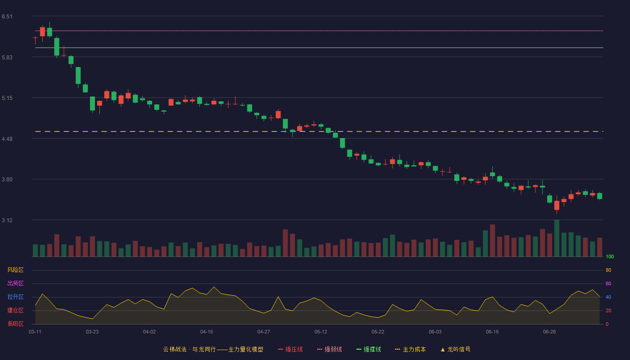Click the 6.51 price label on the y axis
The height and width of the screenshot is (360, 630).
coord(7,17)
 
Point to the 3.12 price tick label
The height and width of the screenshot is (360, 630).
coord(7,220)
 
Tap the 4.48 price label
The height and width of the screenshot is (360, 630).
coord(7,139)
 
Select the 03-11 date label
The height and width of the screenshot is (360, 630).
coord(35,332)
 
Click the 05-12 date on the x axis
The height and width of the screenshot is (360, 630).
coord(320,332)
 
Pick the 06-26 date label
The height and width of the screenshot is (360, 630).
coord(549,332)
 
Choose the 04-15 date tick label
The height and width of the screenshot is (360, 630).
coord(207,332)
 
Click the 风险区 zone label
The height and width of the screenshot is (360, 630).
coord(15,270)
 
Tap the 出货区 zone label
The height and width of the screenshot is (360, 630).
coord(15,283)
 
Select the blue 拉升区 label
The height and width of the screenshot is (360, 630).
coord(15,297)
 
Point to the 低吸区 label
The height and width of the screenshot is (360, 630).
coord(15,324)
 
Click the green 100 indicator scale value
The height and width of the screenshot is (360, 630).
coord(610,256)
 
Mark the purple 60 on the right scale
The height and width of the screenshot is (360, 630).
coord(608,283)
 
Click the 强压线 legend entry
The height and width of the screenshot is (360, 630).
coord(290,349)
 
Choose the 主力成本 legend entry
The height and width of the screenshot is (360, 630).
coord(410,349)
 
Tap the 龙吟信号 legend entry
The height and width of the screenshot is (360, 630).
coord(455,349)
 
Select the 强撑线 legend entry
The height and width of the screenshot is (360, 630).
coord(369,349)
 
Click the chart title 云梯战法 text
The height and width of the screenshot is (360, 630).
coord(175,349)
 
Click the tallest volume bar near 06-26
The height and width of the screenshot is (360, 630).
coord(557,238)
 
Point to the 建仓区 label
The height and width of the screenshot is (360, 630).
coord(15,310)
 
